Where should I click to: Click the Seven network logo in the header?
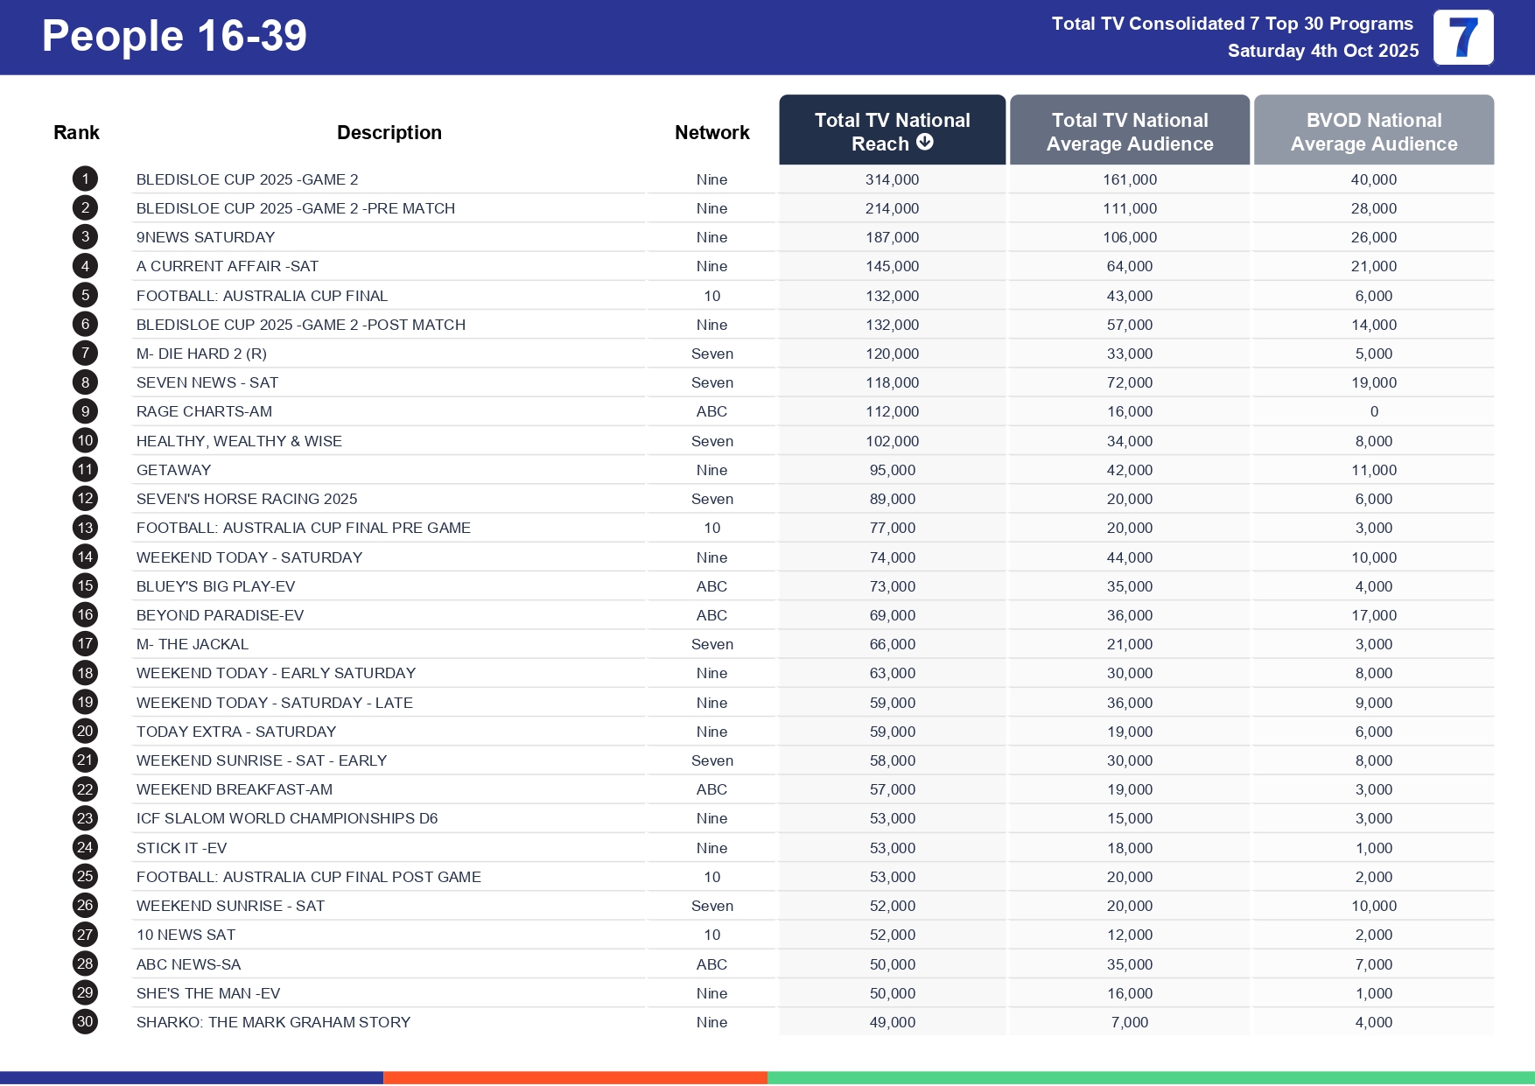pyautogui.click(x=1463, y=38)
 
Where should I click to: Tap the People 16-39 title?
pyautogui.click(x=174, y=37)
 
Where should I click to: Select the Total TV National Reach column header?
pyautogui.click(x=891, y=130)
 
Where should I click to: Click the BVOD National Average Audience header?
pyautogui.click(x=1373, y=131)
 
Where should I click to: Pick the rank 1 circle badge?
pyautogui.click(x=85, y=179)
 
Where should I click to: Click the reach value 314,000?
pyautogui.click(x=892, y=179)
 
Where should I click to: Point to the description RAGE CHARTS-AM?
pyautogui.click(x=204, y=411)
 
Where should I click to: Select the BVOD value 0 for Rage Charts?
pyautogui.click(x=1373, y=411)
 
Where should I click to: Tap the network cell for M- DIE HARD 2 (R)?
pyautogui.click(x=711, y=354)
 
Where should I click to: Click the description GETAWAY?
pyautogui.click(x=173, y=470)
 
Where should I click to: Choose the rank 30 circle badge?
pyautogui.click(x=85, y=1021)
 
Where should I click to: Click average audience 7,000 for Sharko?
pyautogui.click(x=1129, y=1022)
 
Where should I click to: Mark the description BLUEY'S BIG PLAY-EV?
pyautogui.click(x=215, y=586)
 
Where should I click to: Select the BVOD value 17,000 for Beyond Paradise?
pyautogui.click(x=1373, y=615)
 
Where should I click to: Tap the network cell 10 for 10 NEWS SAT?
pyautogui.click(x=711, y=935)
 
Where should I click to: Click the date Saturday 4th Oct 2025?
pyautogui.click(x=1322, y=51)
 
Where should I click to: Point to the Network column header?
pyautogui.click(x=711, y=132)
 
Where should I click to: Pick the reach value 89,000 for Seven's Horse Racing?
pyautogui.click(x=892, y=499)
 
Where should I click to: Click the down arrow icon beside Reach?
pyautogui.click(x=925, y=142)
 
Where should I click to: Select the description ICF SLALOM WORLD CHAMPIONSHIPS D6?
pyautogui.click(x=286, y=818)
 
